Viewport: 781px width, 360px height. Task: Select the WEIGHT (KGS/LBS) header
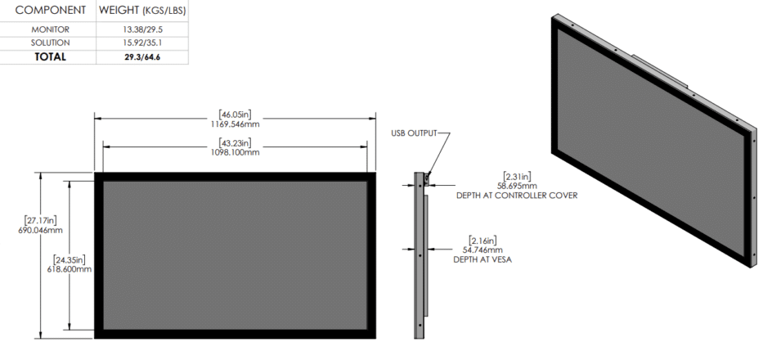coord(141,10)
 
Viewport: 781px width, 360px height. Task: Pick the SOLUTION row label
coord(51,43)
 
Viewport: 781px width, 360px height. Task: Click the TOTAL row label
coord(51,57)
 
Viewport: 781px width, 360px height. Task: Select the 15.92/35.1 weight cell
coord(141,43)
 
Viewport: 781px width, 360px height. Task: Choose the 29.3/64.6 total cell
coord(141,57)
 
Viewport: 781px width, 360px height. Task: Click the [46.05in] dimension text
coord(235,114)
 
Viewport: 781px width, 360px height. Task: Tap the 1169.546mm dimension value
coord(235,124)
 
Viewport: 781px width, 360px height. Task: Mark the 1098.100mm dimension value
coord(235,152)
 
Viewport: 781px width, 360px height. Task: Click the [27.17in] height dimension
coord(40,221)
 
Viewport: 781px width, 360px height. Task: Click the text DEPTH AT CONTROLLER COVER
coord(516,196)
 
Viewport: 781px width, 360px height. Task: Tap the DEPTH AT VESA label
coord(483,259)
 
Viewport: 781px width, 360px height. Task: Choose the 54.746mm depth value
coord(483,249)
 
